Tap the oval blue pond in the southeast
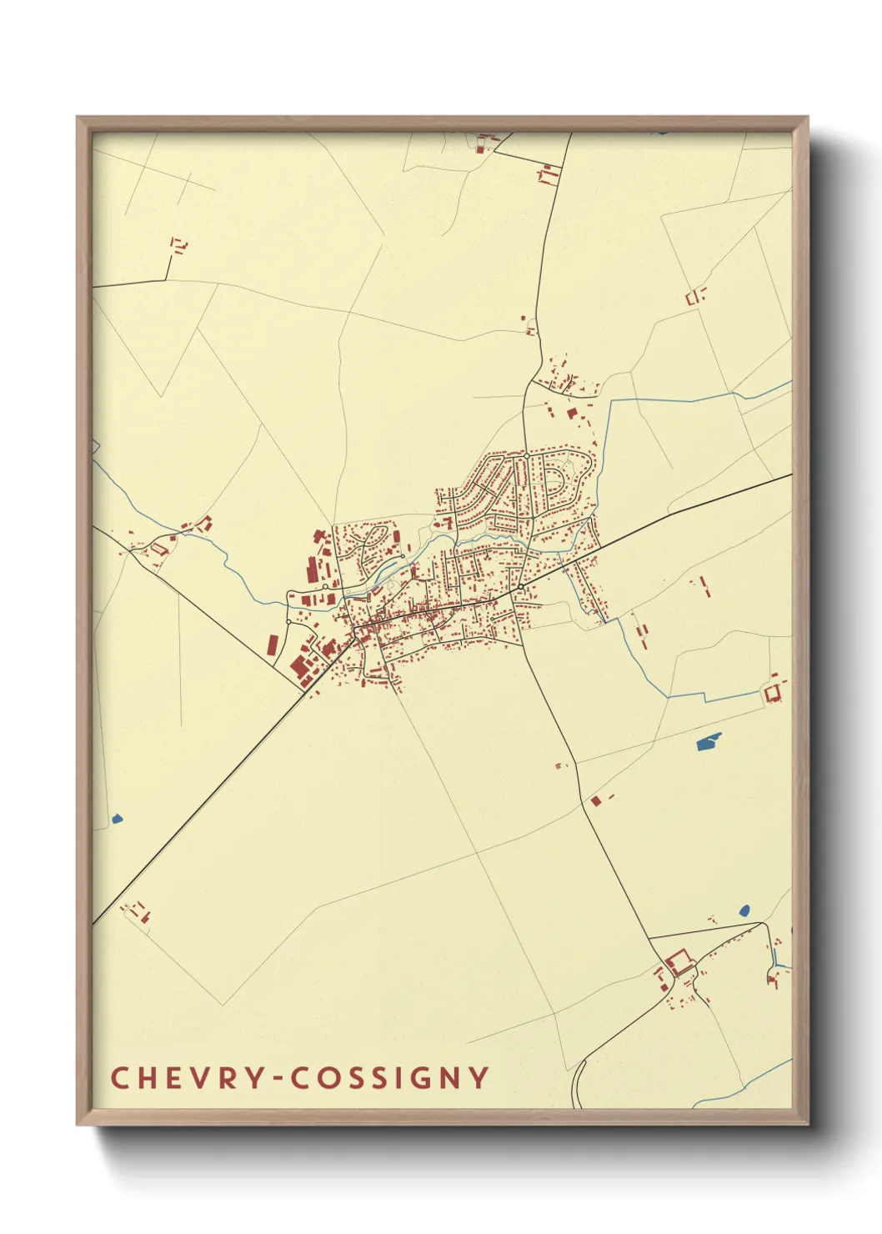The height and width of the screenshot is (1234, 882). pos(744,910)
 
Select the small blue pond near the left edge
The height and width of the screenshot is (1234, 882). pos(116,819)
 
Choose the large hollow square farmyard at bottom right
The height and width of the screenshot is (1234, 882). pos(679,963)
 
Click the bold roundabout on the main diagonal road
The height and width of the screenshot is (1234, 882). pos(520,588)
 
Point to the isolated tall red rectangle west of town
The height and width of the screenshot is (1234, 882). pos(273,645)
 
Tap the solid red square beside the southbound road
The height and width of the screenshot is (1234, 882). pos(595,800)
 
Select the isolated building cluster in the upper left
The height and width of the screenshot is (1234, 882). pos(178,245)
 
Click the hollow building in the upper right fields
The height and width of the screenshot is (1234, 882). pos(694,295)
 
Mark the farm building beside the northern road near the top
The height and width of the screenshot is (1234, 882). pos(548,175)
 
